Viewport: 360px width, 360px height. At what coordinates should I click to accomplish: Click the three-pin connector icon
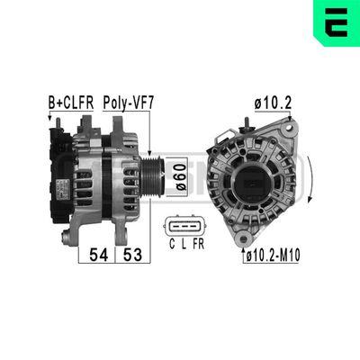(x=183, y=225)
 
